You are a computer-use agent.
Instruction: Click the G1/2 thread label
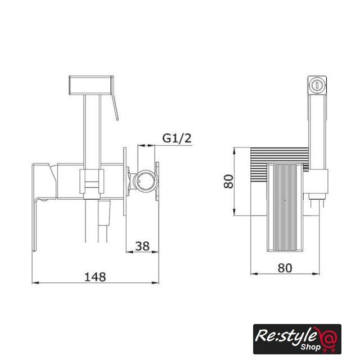pyautogui.click(x=177, y=138)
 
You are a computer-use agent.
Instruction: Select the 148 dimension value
pyautogui.click(x=95, y=277)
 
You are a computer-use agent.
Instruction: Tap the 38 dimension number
pyautogui.click(x=142, y=246)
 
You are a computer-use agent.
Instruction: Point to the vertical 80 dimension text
pyautogui.click(x=228, y=181)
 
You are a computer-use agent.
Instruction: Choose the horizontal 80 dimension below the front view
pyautogui.click(x=285, y=268)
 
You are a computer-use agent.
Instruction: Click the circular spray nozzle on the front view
pyautogui.click(x=317, y=85)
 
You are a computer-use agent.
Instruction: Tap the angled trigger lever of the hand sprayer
pyautogui.click(x=115, y=107)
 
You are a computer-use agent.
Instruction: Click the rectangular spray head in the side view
pyautogui.click(x=91, y=85)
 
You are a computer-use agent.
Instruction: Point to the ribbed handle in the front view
pyautogui.click(x=285, y=207)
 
